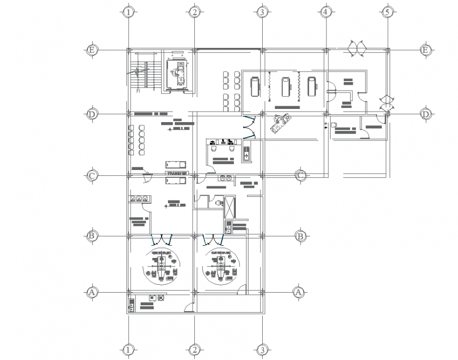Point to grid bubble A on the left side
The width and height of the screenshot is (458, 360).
(92, 291)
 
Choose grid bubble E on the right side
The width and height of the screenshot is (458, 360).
(425, 50)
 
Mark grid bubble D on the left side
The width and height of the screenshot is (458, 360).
(92, 114)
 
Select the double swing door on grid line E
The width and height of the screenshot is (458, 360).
(356, 49)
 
